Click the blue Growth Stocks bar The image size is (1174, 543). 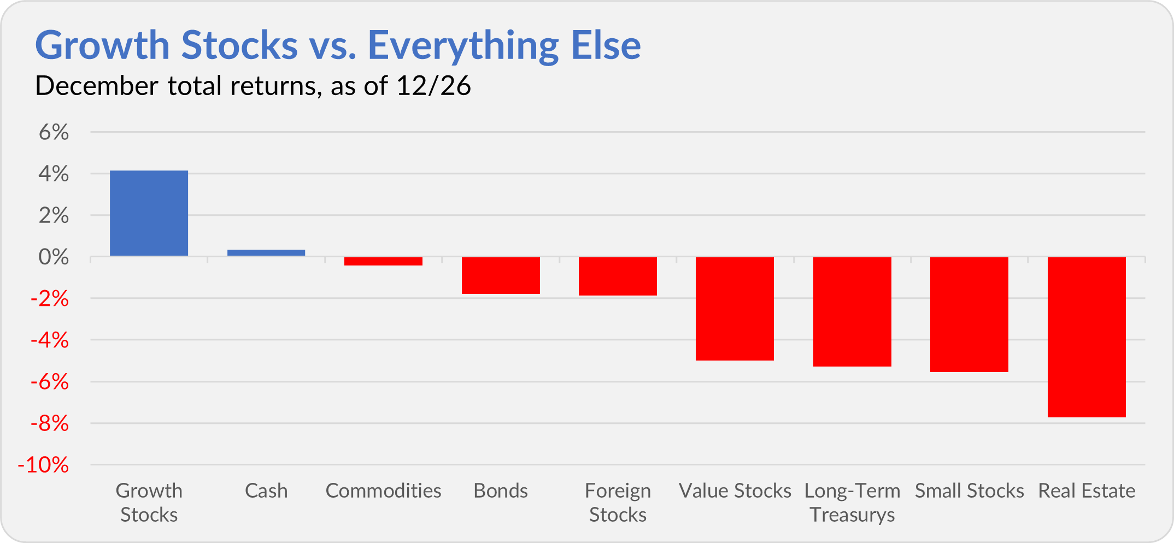(x=149, y=213)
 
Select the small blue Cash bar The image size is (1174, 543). (x=266, y=253)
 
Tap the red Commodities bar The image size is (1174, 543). (x=383, y=261)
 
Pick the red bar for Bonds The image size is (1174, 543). (x=501, y=275)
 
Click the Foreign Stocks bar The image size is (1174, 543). (x=618, y=276)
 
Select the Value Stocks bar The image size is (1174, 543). (x=735, y=309)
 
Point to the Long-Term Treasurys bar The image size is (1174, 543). (x=852, y=311)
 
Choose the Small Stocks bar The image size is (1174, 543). (x=969, y=314)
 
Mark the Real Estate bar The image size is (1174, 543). (x=1087, y=337)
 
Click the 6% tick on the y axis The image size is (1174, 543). (x=54, y=132)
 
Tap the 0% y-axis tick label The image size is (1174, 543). (x=54, y=257)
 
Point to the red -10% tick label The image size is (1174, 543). (x=44, y=465)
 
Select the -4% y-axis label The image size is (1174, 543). (x=50, y=340)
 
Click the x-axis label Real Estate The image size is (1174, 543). (x=1087, y=491)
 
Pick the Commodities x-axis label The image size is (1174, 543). (x=383, y=491)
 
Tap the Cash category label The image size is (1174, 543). (x=266, y=491)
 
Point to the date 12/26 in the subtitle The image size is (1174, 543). (x=433, y=86)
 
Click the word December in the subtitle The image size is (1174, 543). (x=97, y=86)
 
